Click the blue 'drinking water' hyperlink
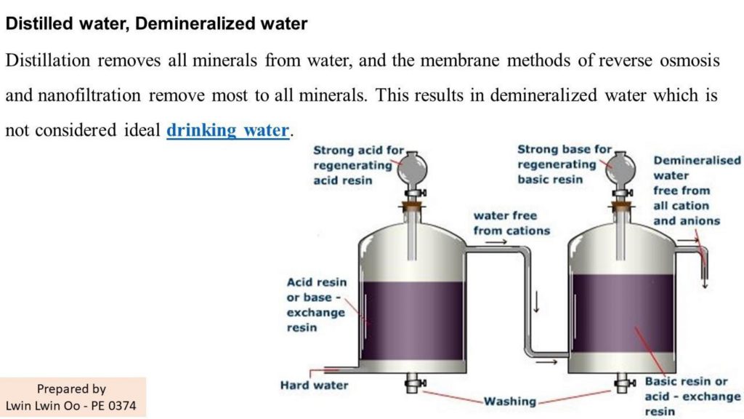227,130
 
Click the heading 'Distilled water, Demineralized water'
156,23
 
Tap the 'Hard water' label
314,386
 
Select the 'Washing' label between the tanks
509,402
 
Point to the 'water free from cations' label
511,223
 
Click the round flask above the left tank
412,169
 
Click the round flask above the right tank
620,169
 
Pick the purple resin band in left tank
413,321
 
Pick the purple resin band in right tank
623,314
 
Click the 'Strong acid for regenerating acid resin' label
358,165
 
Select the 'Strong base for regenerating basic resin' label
564,164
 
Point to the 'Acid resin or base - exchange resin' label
317,305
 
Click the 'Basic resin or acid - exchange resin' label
692,396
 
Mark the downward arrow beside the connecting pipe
536,302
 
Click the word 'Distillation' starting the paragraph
48,60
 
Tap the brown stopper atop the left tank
412,207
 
